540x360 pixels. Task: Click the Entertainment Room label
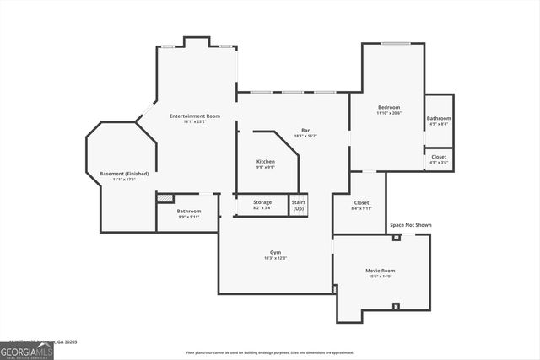[195, 116]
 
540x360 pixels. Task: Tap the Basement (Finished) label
[124, 174]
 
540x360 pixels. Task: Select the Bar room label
[305, 130]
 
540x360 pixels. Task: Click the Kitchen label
[266, 161]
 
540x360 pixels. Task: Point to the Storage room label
[262, 202]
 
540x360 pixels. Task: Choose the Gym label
[275, 252]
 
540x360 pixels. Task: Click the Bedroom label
[389, 107]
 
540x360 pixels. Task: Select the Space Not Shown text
[410, 225]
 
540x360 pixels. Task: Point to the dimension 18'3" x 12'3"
[275, 258]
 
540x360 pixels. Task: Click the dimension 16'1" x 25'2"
[195, 121]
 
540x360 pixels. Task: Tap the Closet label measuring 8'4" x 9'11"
[361, 202]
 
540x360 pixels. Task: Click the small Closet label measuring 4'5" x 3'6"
[439, 157]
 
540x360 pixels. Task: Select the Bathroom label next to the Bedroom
[439, 118]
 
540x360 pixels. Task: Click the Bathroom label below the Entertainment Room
[189, 211]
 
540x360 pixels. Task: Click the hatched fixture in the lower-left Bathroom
[166, 199]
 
